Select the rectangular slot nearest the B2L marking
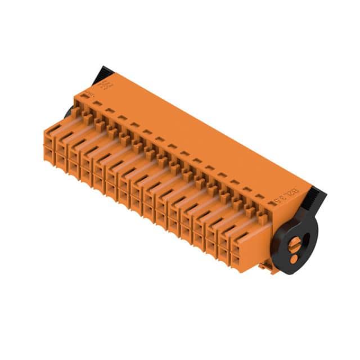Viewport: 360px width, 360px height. pos(259,197)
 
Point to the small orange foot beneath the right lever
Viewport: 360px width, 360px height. pos(269,268)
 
